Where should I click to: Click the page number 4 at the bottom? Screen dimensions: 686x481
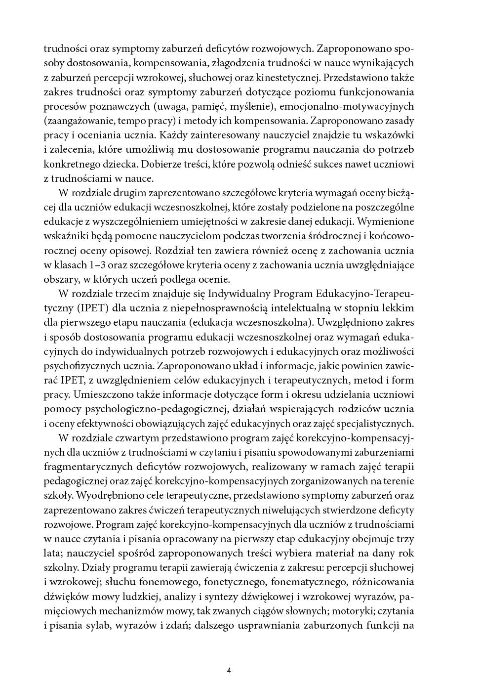pos(229,670)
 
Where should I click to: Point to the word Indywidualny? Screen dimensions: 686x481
pos(242,294)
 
